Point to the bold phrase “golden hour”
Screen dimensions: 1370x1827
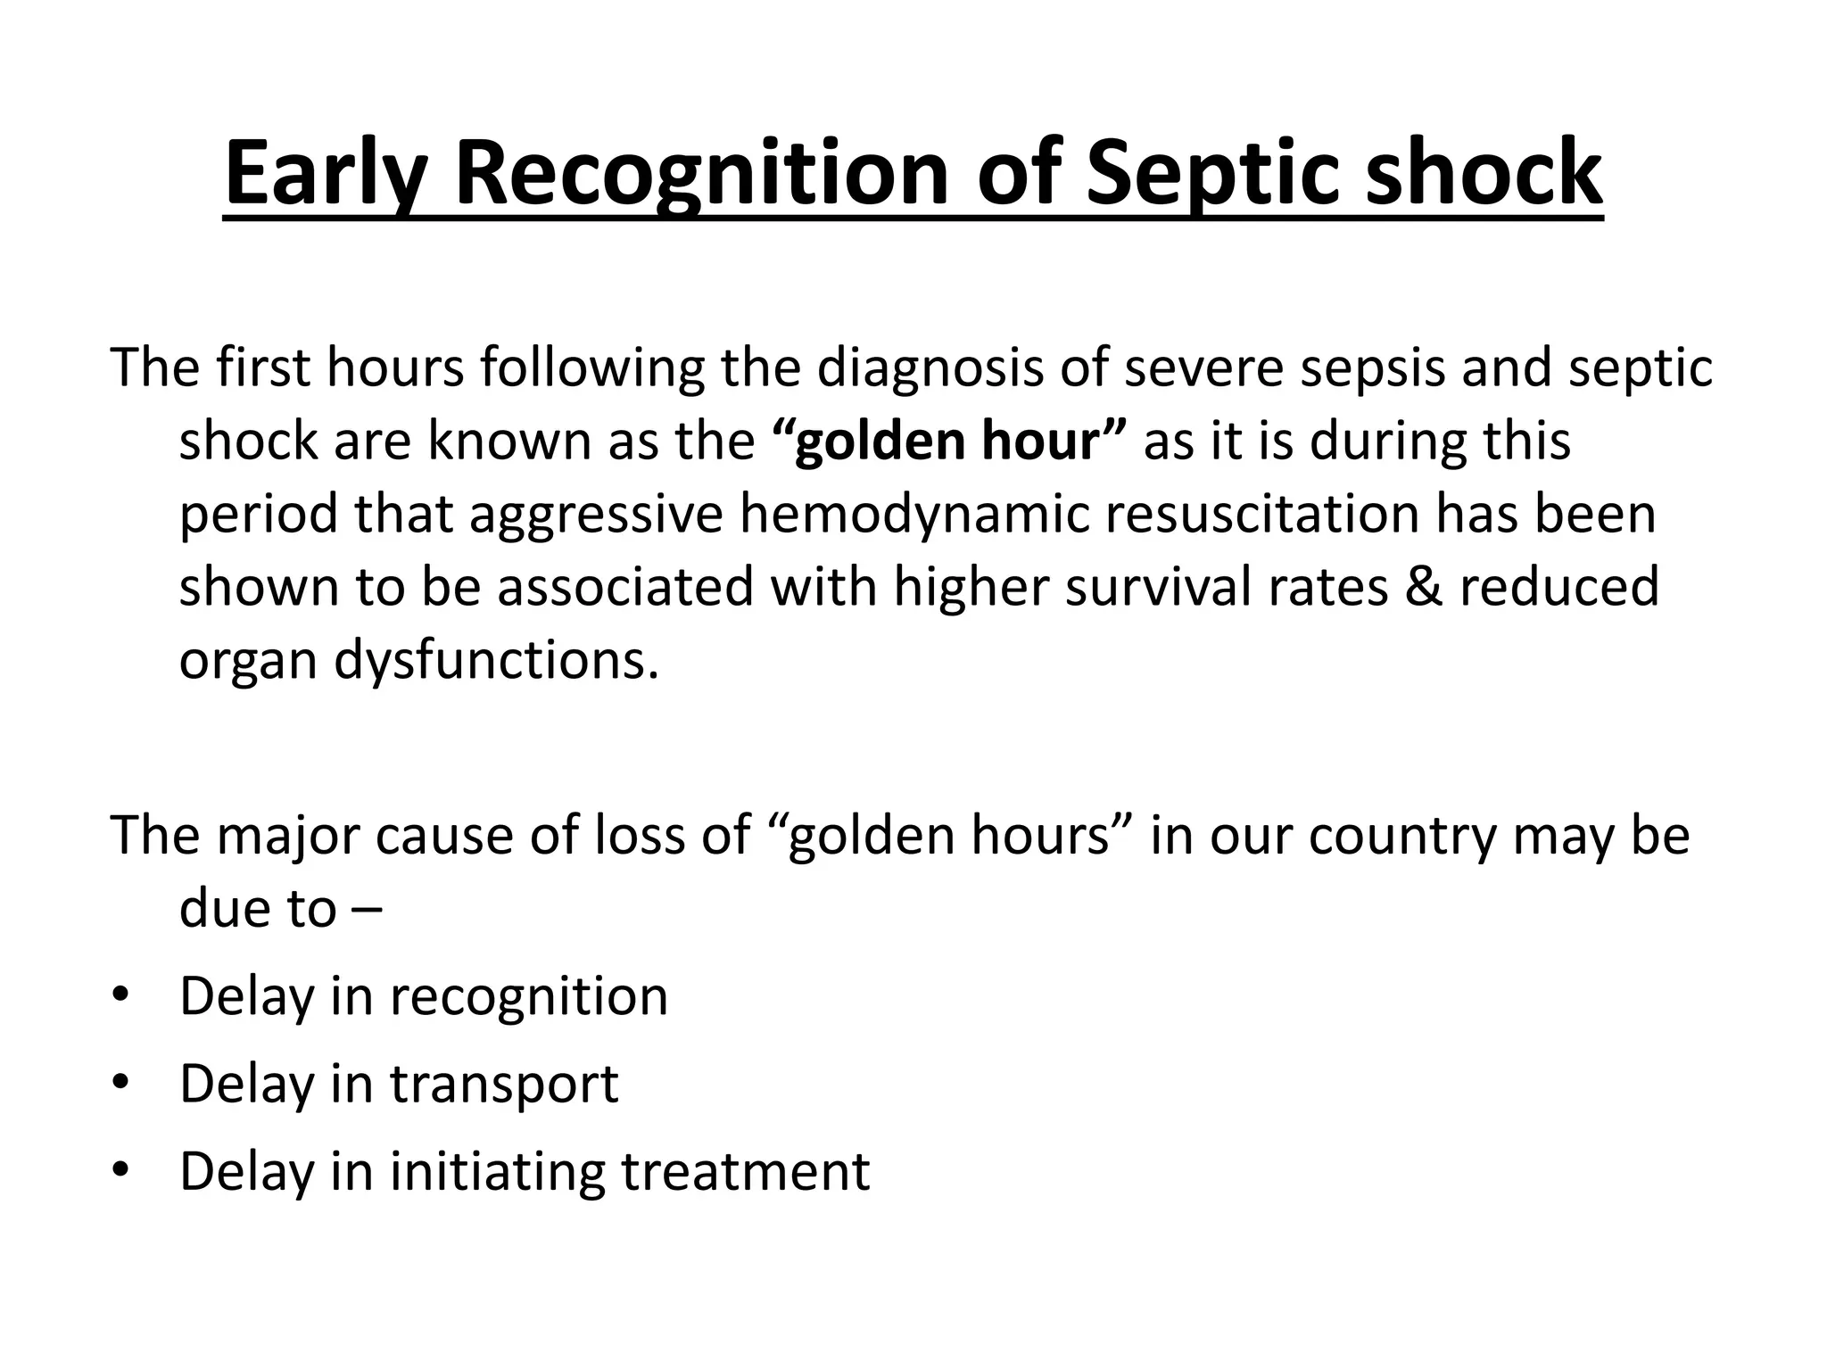[948, 441]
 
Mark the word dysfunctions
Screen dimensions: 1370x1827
[496, 661]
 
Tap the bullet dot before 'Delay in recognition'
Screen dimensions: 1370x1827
[121, 994]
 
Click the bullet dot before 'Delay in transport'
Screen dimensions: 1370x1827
[121, 1083]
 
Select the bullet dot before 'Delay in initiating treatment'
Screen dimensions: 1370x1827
[121, 1169]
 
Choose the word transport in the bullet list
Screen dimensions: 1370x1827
[504, 1085]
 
